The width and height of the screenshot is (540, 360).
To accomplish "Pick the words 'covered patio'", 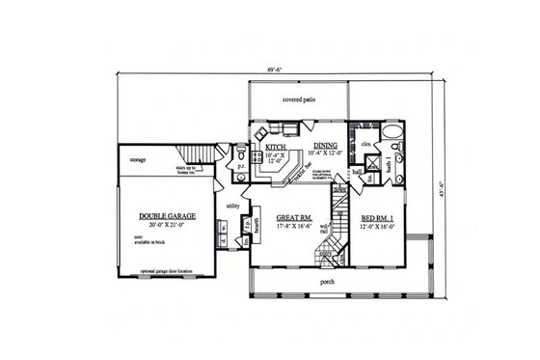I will pos(300,99).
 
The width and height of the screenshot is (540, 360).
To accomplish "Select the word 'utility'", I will pos(232,206).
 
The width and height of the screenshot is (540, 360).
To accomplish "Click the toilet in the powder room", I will pos(238,154).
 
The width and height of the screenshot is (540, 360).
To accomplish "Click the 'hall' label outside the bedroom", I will pos(356,171).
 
